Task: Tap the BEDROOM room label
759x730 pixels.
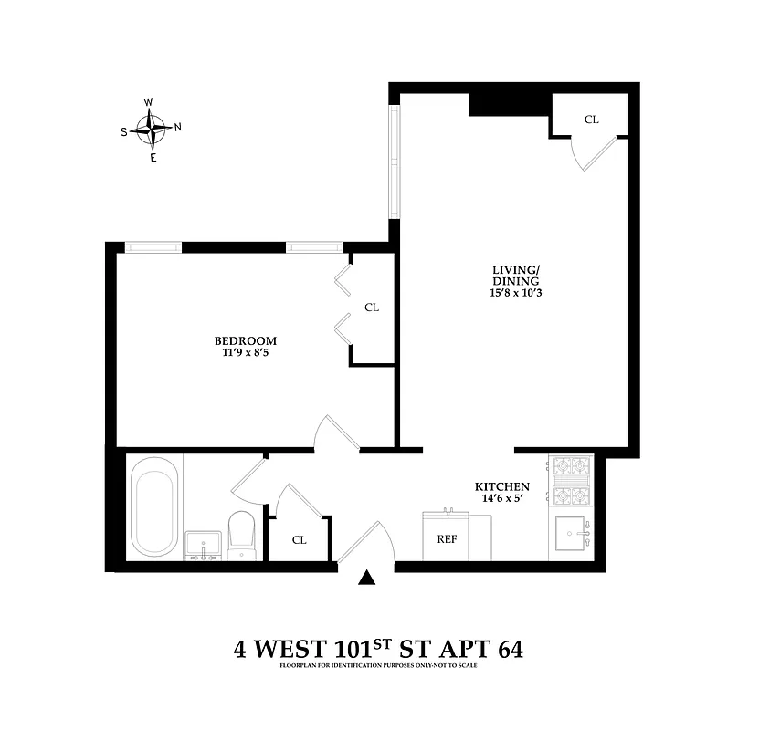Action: click(x=243, y=341)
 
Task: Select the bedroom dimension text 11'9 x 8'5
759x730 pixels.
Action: click(x=243, y=355)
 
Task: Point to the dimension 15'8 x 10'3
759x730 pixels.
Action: click(x=516, y=293)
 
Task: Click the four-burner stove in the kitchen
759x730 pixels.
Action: click(x=571, y=481)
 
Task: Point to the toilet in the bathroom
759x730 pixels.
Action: click(x=241, y=533)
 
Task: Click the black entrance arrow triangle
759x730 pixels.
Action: click(x=366, y=577)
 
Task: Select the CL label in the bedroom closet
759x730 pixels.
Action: click(x=372, y=308)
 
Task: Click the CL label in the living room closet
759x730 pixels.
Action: click(x=591, y=120)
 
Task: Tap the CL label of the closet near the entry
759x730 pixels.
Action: click(x=299, y=539)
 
